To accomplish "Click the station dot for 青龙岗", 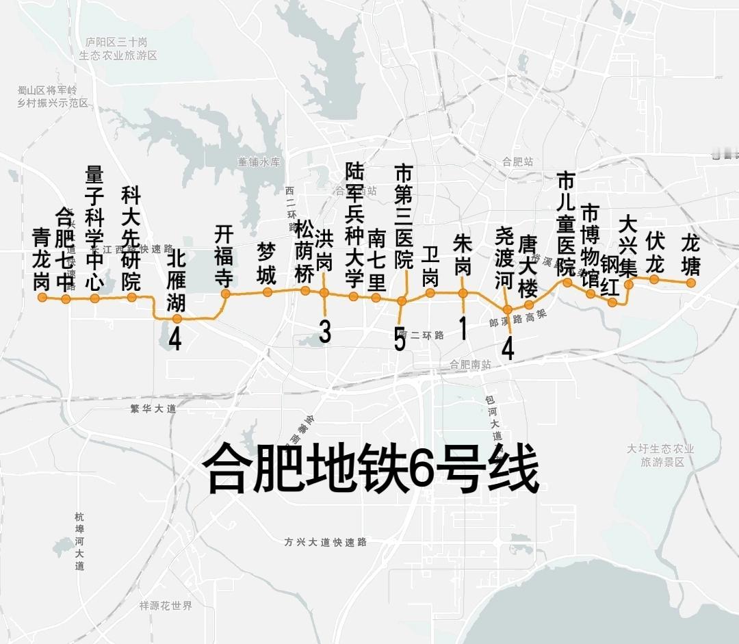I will (42, 297).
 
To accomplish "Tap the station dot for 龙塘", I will (691, 282).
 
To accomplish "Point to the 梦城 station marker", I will (267, 292).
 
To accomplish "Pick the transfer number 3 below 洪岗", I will (325, 332).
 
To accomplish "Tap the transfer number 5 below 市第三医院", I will (400, 339).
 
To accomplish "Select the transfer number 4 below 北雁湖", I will (175, 339).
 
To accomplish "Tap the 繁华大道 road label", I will (153, 409).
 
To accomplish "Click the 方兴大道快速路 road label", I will (326, 542).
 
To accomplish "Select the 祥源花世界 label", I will (166, 606).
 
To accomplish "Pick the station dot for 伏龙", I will (654, 279).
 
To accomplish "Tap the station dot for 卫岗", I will (430, 293).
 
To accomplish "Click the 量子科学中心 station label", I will (94, 227).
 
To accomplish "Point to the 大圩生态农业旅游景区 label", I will (661, 455).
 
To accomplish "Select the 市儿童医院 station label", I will (566, 224).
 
